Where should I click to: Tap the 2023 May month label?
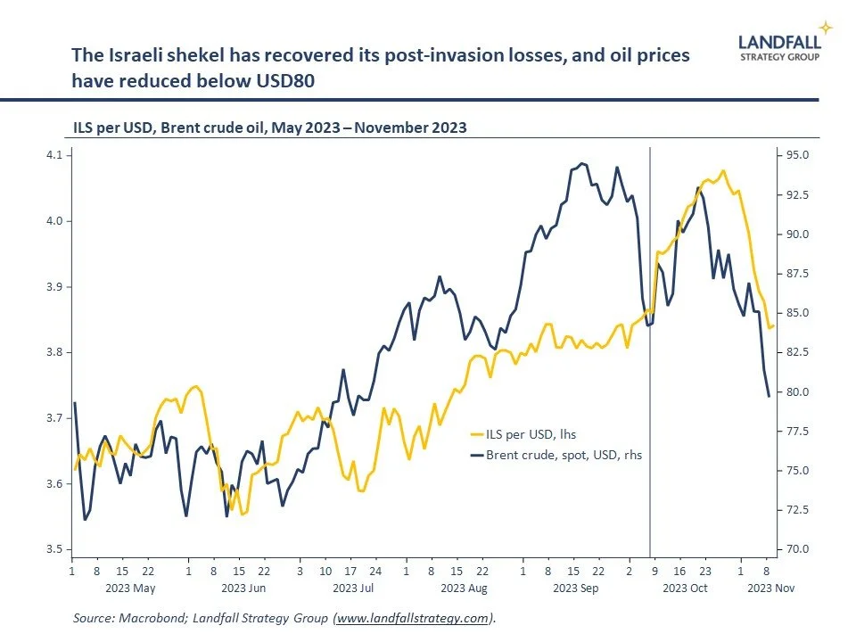131,588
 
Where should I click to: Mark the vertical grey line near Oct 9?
649,357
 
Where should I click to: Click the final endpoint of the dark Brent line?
769,397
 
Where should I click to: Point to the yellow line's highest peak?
722,170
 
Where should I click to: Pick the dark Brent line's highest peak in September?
581,163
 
